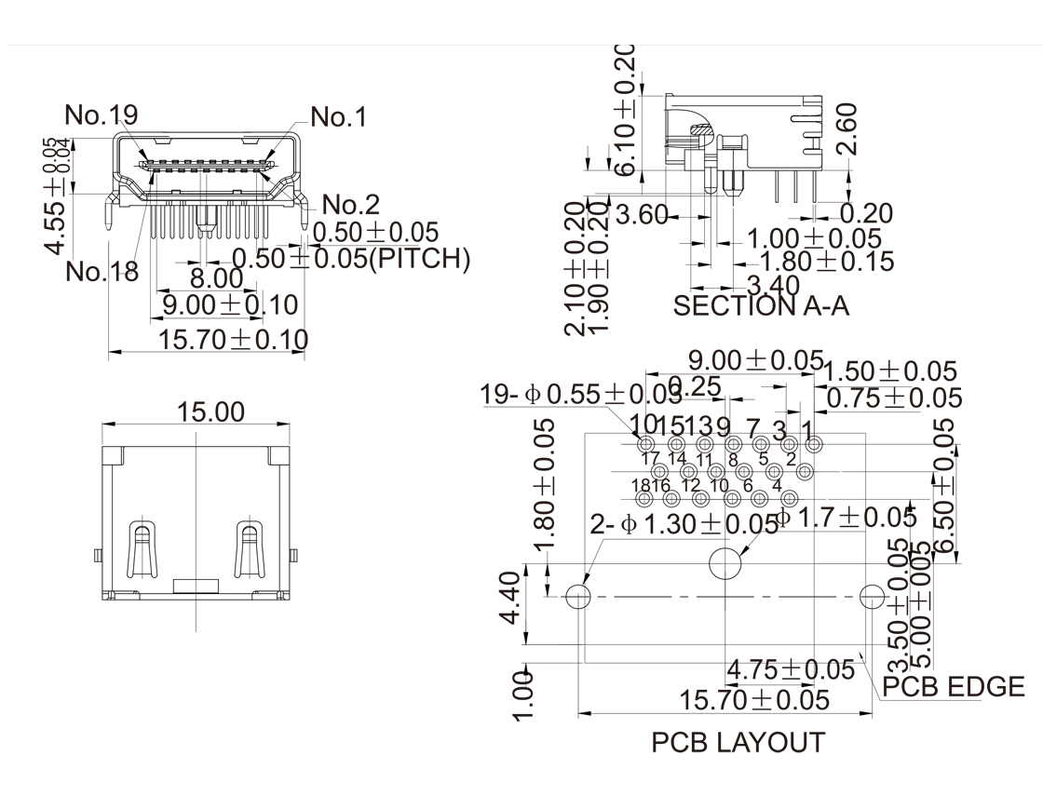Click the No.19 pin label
[x=102, y=115]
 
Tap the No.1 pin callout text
[x=338, y=117]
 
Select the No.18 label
[x=102, y=272]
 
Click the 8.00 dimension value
[x=216, y=278]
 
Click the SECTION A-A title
[x=761, y=306]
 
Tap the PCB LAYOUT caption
[x=738, y=743]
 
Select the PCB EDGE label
[x=953, y=687]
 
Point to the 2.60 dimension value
[x=846, y=127]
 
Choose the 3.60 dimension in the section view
[x=643, y=217]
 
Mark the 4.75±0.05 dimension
[x=790, y=669]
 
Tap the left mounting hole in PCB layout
[x=579, y=596]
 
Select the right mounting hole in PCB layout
[x=873, y=596]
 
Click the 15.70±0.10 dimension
[x=232, y=340]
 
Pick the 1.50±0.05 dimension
[x=891, y=371]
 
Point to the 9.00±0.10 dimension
[x=229, y=304]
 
